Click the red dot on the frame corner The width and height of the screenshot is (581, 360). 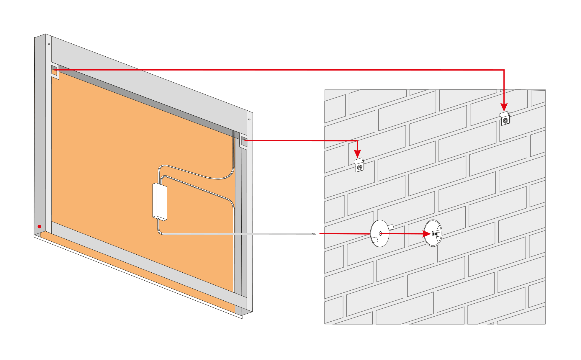point(40,227)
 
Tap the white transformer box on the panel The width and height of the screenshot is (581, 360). point(160,201)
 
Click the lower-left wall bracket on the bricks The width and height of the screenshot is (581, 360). point(359,165)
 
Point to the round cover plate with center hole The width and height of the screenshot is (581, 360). point(379,233)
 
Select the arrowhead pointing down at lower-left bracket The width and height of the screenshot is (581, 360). point(358,154)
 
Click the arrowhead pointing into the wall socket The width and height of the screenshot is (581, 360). point(427,234)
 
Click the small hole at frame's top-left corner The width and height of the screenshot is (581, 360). point(49,44)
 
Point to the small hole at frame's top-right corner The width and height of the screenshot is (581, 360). point(249,119)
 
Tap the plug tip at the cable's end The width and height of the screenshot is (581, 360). point(314,234)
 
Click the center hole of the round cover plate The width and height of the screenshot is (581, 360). point(380,233)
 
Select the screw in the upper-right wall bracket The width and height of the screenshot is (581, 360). point(505,120)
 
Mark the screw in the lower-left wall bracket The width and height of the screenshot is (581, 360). point(359,168)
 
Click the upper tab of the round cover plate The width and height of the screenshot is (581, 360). point(391,227)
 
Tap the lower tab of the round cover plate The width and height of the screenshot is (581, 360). point(375,240)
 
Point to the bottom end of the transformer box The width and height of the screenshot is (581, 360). point(160,218)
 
